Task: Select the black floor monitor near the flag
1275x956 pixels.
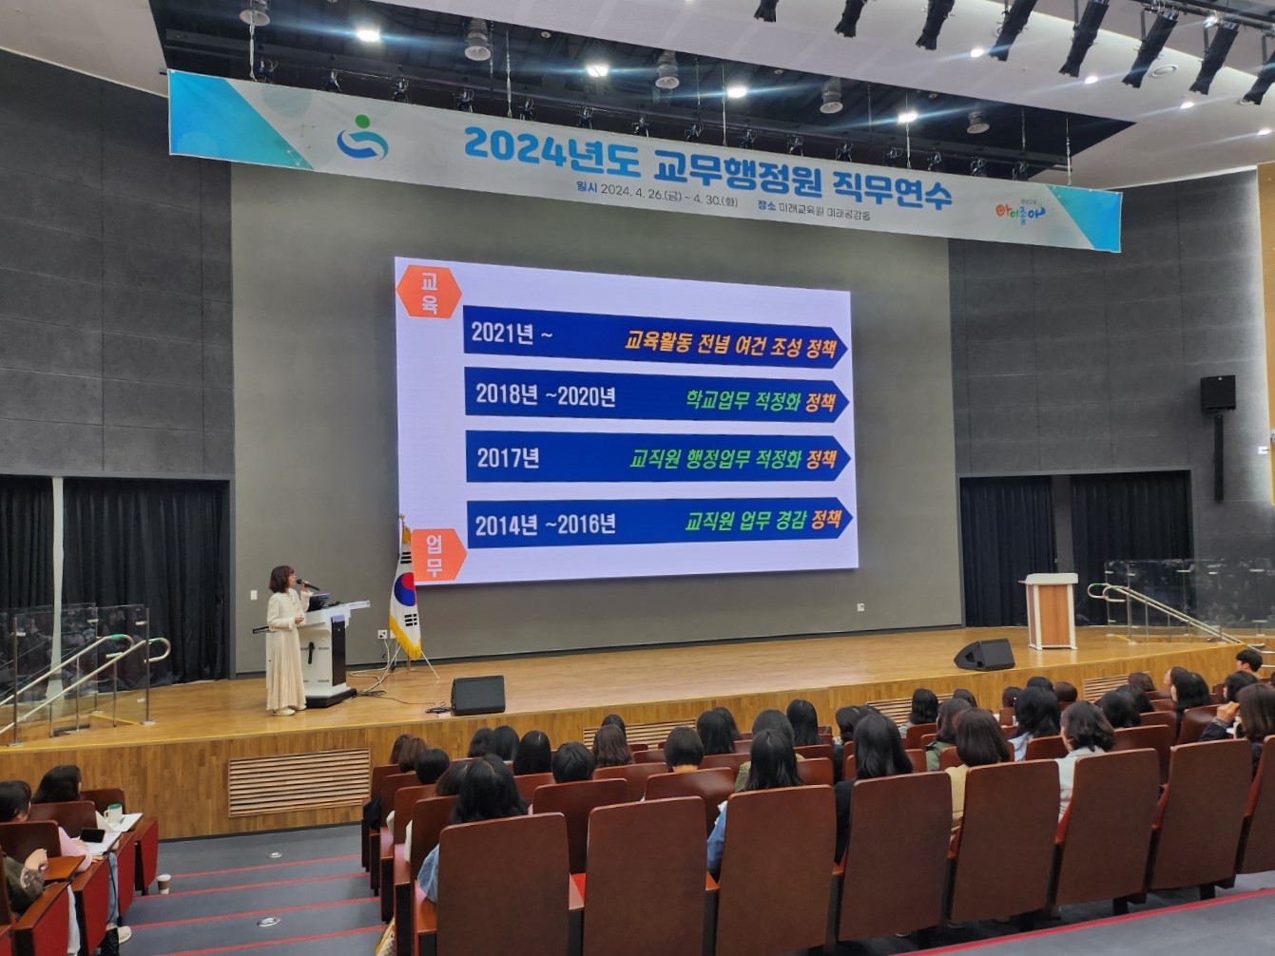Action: tap(477, 695)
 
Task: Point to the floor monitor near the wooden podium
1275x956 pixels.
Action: tap(984, 655)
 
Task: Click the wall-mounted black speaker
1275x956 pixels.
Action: tap(1217, 393)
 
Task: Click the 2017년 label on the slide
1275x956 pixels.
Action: tap(509, 458)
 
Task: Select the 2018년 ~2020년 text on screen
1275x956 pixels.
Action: tap(546, 396)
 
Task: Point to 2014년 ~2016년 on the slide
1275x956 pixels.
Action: tap(546, 525)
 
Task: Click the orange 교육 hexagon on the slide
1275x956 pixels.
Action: tap(429, 293)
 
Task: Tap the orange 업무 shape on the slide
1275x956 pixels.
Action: tap(436, 556)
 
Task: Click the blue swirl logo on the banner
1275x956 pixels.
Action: tap(362, 139)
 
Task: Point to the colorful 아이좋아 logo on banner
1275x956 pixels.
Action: tap(1019, 211)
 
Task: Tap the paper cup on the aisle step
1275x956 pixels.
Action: tap(164, 884)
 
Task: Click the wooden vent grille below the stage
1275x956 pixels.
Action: tap(299, 781)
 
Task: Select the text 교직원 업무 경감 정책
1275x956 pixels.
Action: tap(763, 520)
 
